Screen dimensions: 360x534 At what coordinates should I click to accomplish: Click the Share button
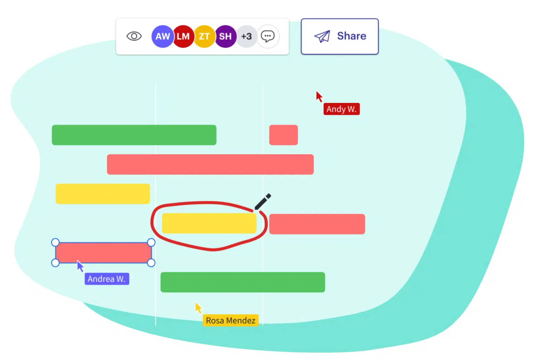click(339, 37)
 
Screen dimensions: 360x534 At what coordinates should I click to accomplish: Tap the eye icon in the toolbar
click(134, 36)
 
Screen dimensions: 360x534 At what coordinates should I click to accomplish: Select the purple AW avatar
click(162, 36)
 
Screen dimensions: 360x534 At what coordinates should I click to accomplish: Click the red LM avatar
click(183, 36)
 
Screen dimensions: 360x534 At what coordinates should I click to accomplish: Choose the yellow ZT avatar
click(204, 36)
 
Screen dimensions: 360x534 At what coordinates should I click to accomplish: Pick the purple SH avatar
click(225, 36)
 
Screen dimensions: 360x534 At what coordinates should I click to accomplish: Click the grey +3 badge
click(246, 36)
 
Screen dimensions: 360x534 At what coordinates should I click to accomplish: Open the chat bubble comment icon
click(268, 36)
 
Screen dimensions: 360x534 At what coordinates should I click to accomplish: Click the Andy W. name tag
click(341, 109)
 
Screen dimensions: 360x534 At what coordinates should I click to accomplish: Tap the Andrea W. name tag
click(106, 279)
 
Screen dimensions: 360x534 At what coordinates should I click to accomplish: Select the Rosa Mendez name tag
click(230, 320)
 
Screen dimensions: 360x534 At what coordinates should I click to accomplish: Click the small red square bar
click(283, 135)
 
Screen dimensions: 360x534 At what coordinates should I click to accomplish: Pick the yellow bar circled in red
click(209, 223)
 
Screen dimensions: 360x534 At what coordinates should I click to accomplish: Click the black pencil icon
click(262, 202)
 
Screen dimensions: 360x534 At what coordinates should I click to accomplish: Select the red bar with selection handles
click(103, 253)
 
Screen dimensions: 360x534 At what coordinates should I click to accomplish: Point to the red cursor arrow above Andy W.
click(319, 96)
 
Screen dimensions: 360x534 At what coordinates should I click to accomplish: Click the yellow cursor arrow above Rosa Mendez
click(198, 307)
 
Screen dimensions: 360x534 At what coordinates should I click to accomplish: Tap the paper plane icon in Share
click(322, 36)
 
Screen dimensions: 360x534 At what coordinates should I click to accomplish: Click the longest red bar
click(210, 165)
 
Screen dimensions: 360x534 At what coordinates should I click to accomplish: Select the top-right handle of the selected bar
click(151, 242)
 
